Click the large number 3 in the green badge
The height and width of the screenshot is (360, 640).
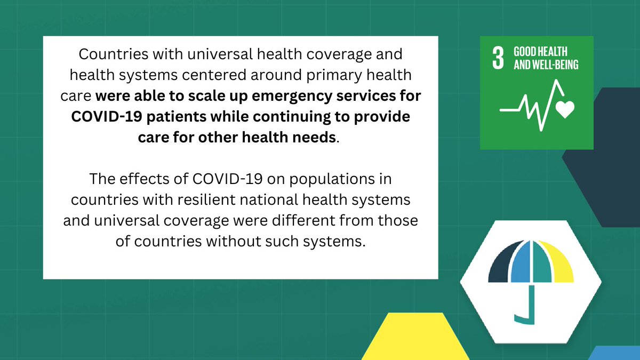point(497,59)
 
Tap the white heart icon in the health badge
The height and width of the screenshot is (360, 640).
point(564,109)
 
